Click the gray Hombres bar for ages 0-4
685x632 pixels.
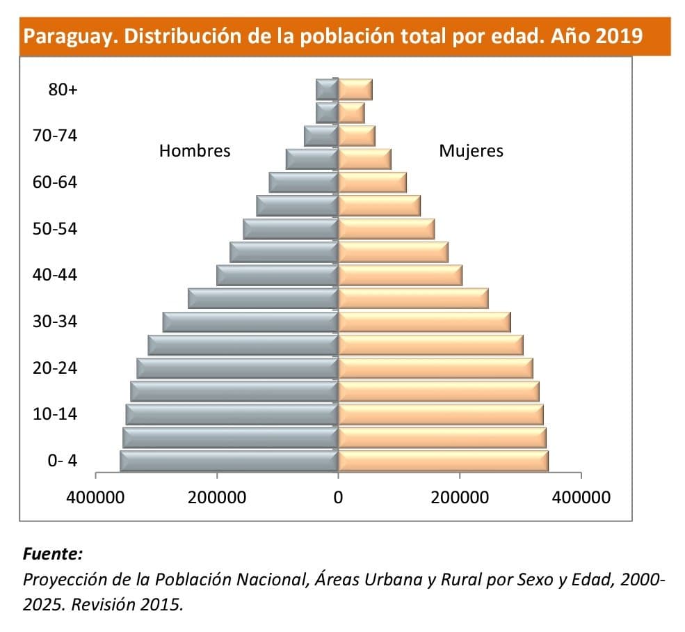point(229,461)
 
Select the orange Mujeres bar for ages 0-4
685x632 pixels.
point(443,461)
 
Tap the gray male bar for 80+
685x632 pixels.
point(327,90)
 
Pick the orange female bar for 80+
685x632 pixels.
point(355,90)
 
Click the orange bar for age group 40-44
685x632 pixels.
point(400,275)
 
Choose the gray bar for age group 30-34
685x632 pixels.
point(250,322)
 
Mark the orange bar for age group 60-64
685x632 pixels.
point(372,182)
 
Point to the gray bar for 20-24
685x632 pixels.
point(237,368)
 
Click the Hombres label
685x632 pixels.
point(195,151)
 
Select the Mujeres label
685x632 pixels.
point(471,151)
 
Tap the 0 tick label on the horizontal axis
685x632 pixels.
point(338,498)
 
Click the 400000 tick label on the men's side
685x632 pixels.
point(95,498)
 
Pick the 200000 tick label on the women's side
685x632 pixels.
point(460,498)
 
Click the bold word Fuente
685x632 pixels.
point(53,554)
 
